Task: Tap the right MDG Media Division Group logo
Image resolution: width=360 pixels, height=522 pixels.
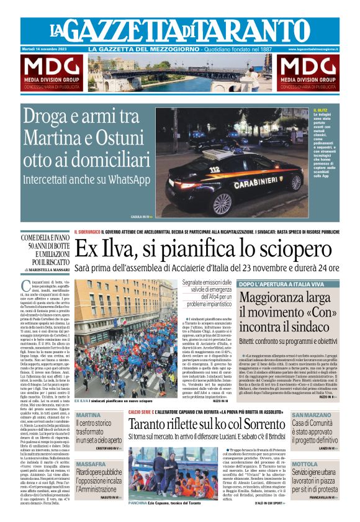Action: tap(308, 72)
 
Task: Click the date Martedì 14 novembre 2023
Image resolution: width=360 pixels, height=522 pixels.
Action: tap(48, 49)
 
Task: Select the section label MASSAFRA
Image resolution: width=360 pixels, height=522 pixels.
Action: tap(91, 464)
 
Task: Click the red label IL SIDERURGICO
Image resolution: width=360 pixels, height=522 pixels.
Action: tap(87, 232)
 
